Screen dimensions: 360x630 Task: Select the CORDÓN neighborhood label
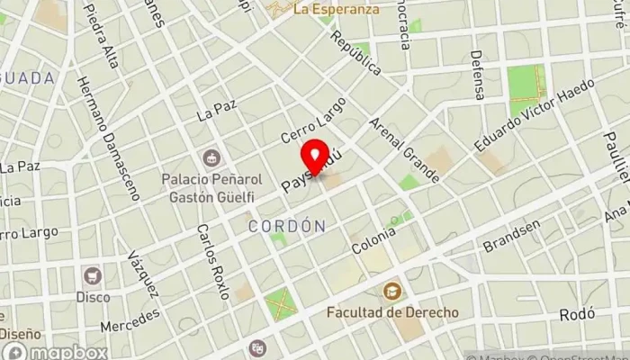286,225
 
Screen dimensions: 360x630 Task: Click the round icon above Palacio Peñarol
211,157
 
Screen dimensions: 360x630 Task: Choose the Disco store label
92,296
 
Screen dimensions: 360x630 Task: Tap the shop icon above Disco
91,275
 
